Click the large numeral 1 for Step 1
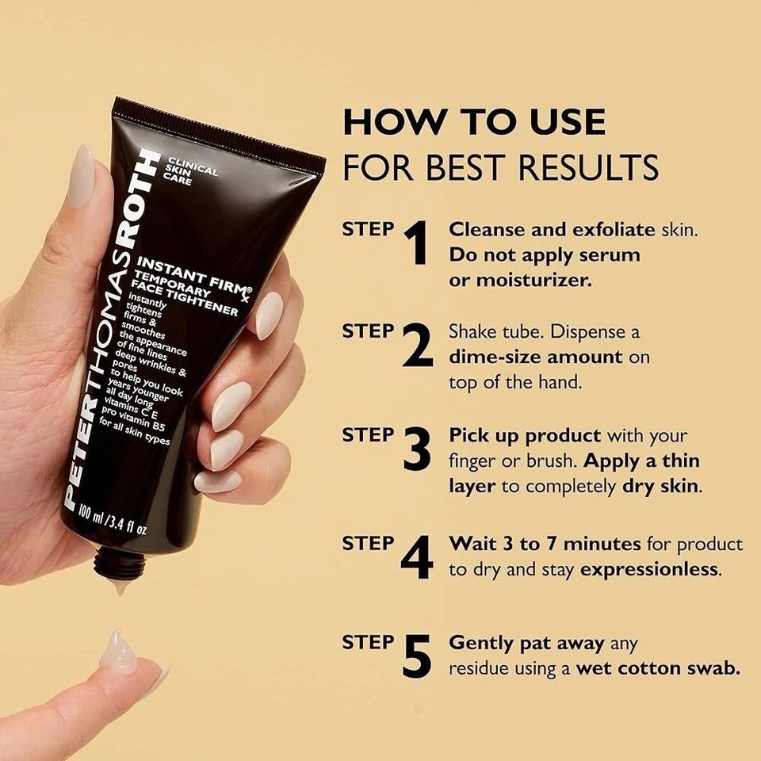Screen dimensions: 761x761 click(x=417, y=243)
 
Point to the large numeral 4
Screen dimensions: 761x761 click(x=417, y=557)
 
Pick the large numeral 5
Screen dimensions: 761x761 click(x=417, y=656)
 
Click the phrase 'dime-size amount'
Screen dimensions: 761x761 click(x=536, y=357)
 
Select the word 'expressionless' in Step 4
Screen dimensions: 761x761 click(x=650, y=569)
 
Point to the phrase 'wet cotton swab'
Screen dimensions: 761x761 click(x=658, y=668)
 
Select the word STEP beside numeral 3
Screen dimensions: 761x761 click(x=368, y=435)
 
